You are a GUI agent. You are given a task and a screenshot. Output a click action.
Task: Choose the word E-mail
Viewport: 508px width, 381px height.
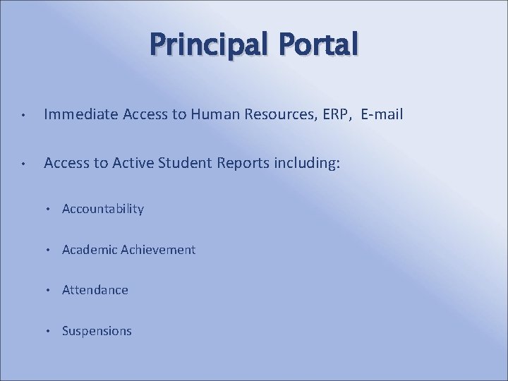tap(382, 114)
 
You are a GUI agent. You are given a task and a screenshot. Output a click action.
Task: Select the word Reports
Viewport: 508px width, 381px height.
tap(244, 164)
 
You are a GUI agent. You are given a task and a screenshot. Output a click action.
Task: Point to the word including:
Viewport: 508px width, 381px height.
tap(308, 164)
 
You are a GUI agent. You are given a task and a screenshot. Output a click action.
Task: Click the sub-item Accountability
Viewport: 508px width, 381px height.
tap(103, 209)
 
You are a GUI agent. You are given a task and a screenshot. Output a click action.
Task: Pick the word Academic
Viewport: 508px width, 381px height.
tap(90, 250)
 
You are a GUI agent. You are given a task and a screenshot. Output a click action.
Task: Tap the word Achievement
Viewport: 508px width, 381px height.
tap(158, 250)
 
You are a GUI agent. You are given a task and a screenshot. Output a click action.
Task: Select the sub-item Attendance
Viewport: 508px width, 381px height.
tap(95, 290)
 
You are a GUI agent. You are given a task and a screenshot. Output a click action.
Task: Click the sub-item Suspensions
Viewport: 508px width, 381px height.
tap(97, 331)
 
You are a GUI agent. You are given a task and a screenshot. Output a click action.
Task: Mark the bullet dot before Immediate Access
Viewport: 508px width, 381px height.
tap(23, 115)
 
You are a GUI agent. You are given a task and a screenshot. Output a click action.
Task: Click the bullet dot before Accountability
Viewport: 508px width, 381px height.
tap(50, 210)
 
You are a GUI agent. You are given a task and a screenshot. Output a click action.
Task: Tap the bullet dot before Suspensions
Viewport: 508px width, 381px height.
tap(50, 332)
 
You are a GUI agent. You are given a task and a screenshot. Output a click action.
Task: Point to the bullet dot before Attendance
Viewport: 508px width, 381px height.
tap(50, 291)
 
